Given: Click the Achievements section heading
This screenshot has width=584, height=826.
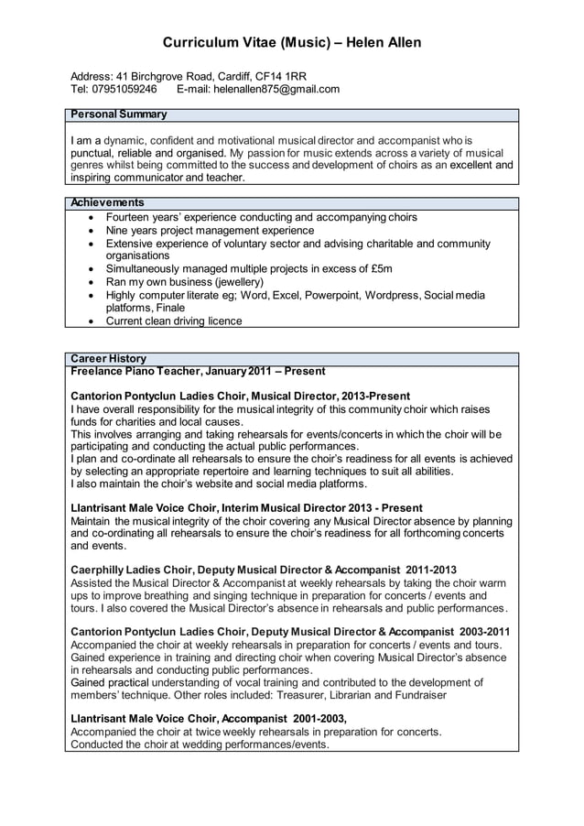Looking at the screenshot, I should click(107, 202).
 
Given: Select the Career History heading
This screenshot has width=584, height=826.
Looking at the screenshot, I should click(108, 358).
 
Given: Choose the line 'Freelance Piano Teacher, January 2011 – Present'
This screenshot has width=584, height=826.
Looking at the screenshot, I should click(198, 371).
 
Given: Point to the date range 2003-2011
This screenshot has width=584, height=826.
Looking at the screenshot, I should click(484, 632).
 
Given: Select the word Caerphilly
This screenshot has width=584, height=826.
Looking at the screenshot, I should click(101, 570).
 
